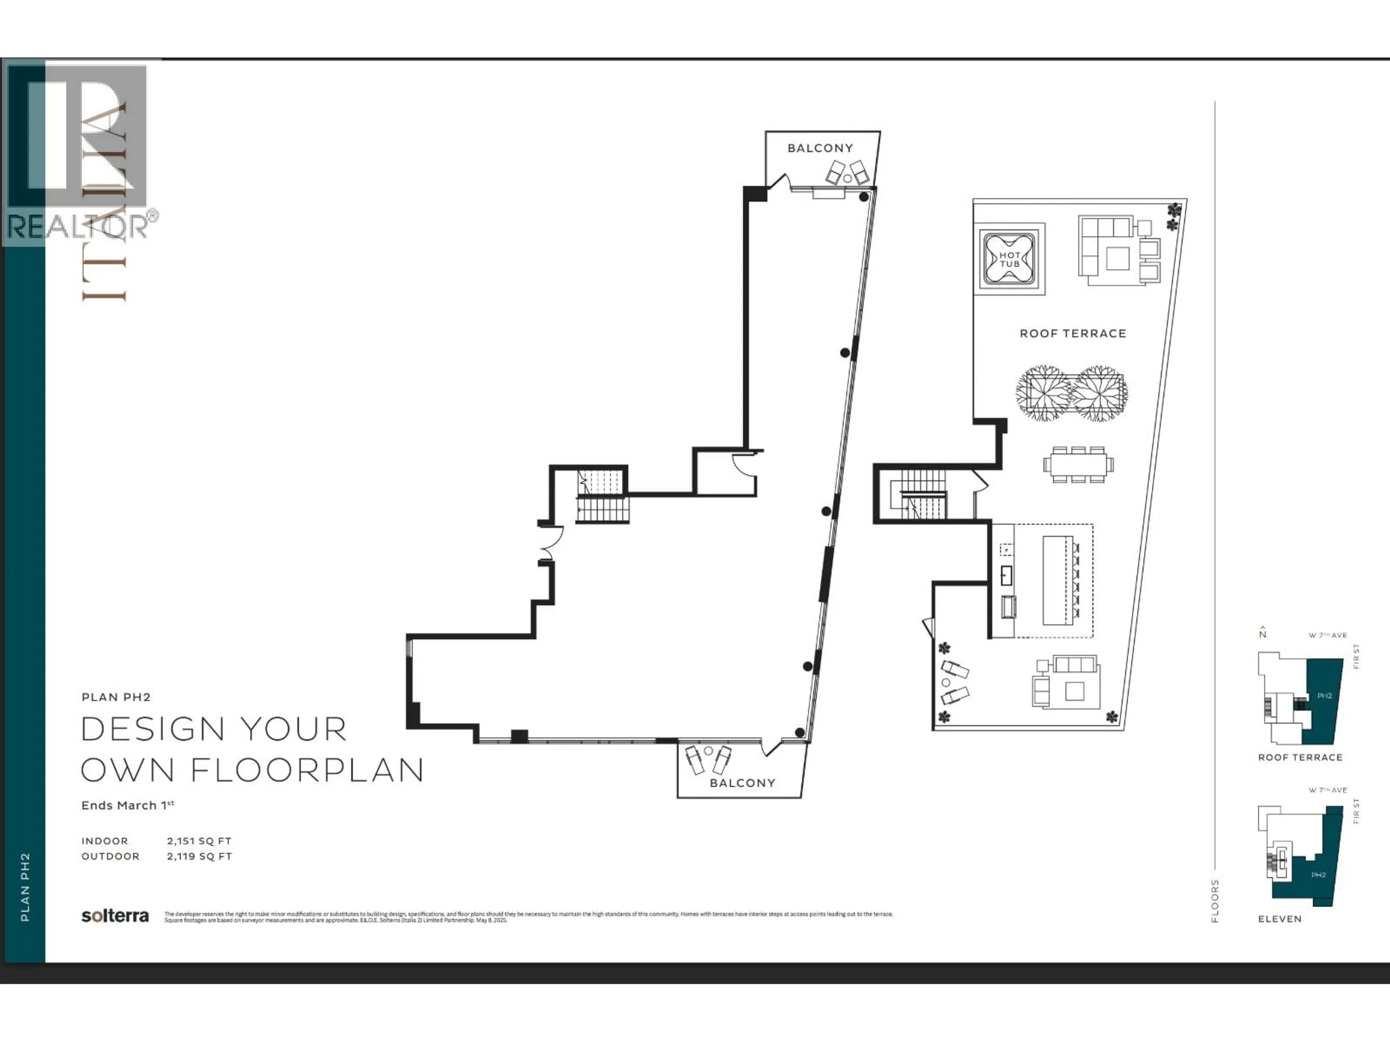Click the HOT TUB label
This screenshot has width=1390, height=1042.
(1010, 259)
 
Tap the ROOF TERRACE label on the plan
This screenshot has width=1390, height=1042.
(1073, 334)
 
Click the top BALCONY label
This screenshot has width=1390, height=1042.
(820, 148)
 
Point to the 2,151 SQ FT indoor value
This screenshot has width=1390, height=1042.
(199, 840)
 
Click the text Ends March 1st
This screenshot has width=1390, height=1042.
(127, 805)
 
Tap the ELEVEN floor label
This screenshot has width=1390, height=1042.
(1279, 919)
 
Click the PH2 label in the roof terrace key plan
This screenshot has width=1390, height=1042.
(1324, 695)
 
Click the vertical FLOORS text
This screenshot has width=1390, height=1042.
(1215, 901)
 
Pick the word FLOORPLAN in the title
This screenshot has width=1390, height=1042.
(307, 770)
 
